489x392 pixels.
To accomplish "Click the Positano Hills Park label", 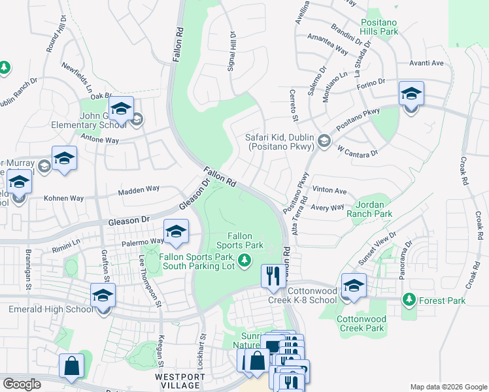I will (x=388, y=26).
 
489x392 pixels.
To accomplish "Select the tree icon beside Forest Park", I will (x=409, y=300).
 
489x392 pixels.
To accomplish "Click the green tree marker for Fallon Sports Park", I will (x=244, y=261).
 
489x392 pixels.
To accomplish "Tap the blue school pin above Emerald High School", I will (x=103, y=297).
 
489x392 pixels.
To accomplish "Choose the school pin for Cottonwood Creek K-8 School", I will (x=354, y=287).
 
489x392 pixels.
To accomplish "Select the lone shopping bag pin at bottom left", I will (x=71, y=367).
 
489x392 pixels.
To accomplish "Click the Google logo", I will (x=23, y=384).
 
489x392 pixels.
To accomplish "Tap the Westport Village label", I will (x=180, y=382).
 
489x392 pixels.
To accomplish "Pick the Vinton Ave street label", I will (x=329, y=190).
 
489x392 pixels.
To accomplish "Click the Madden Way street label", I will (x=139, y=189).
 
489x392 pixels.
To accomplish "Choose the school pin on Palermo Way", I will (x=176, y=233).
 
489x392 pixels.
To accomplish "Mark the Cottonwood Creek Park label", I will (x=361, y=323).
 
